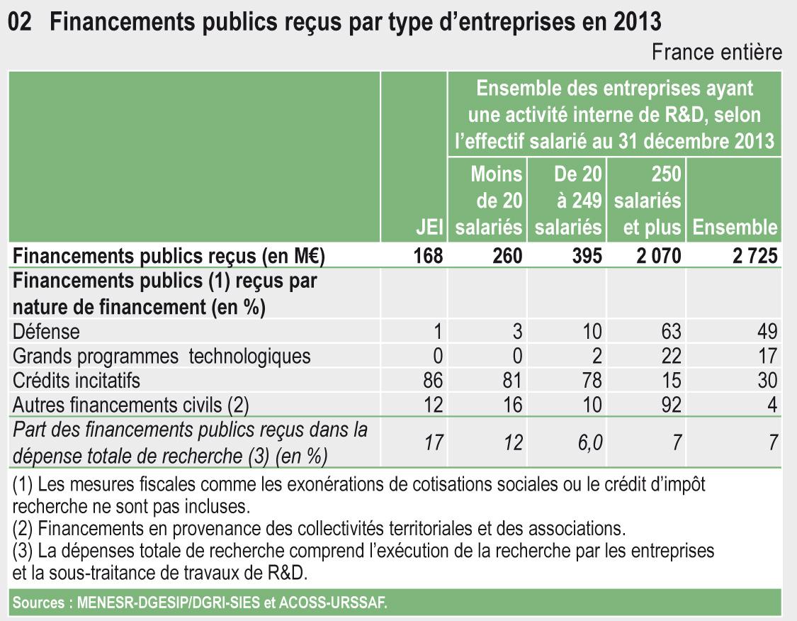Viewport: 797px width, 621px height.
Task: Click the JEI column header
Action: point(430,228)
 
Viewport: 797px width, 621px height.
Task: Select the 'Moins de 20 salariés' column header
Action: point(489,201)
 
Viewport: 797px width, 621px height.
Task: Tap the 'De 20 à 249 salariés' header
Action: point(568,201)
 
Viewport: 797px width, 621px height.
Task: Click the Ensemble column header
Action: point(735,228)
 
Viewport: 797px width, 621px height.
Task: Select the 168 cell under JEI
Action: point(429,255)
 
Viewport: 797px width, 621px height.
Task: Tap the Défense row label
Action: point(46,331)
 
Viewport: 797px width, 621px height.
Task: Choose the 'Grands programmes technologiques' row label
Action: point(162,356)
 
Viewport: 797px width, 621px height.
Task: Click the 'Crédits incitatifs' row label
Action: point(77,381)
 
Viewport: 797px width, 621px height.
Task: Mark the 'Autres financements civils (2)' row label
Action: point(131,405)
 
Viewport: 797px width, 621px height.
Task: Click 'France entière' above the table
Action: point(716,52)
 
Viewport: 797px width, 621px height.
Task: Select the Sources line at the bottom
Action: point(200,603)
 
